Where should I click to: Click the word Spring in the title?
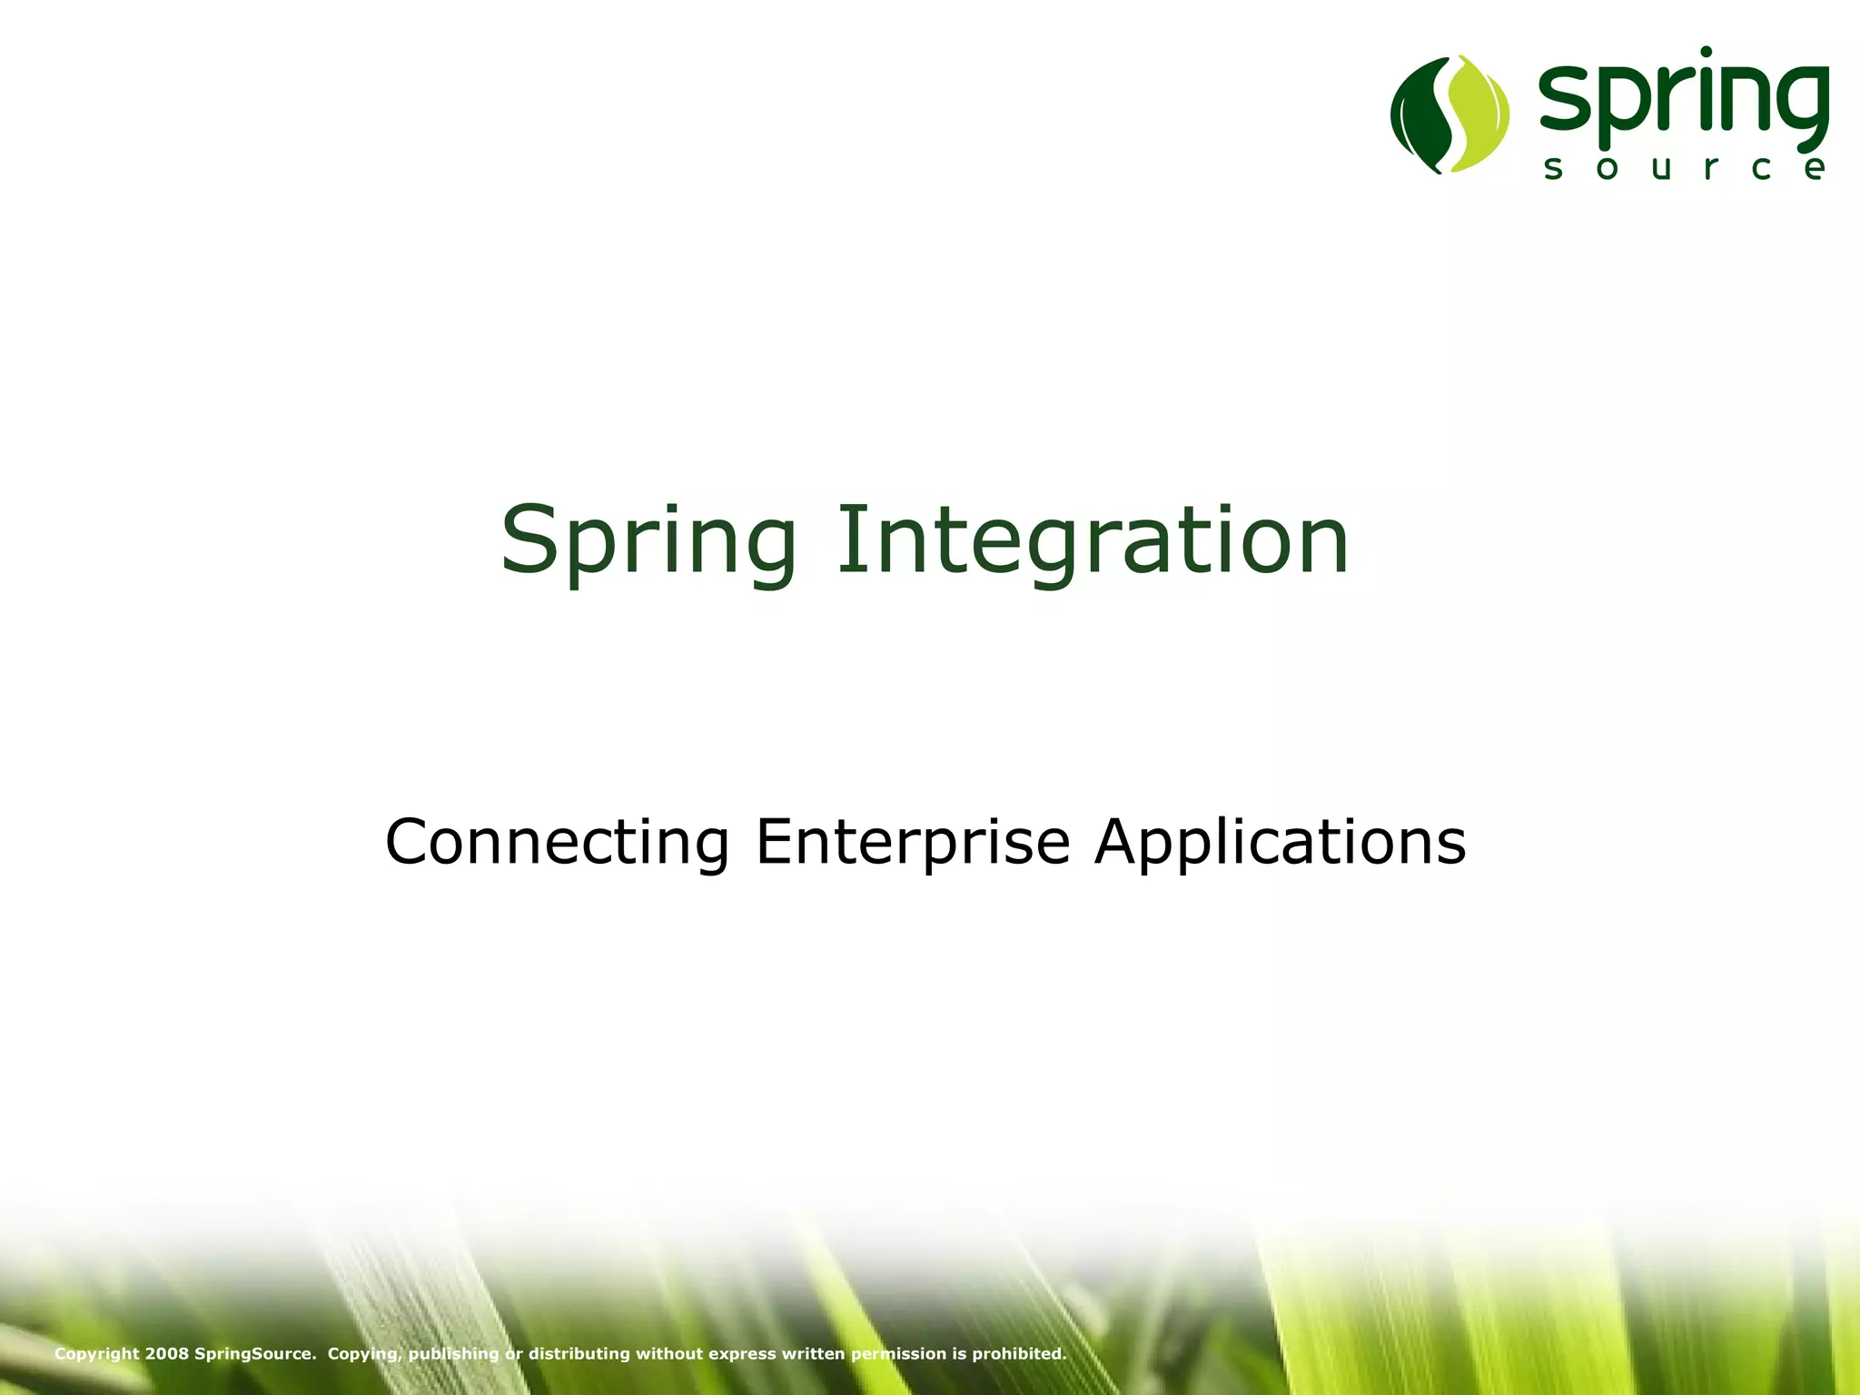pyautogui.click(x=648, y=542)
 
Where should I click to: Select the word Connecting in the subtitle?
pyautogui.click(x=557, y=842)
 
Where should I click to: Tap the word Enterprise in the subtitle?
pyautogui.click(x=913, y=842)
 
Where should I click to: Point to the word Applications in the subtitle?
pyautogui.click(x=1280, y=842)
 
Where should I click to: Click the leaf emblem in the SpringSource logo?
pyautogui.click(x=1449, y=114)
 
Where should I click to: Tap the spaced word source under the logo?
pyautogui.click(x=1685, y=168)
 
